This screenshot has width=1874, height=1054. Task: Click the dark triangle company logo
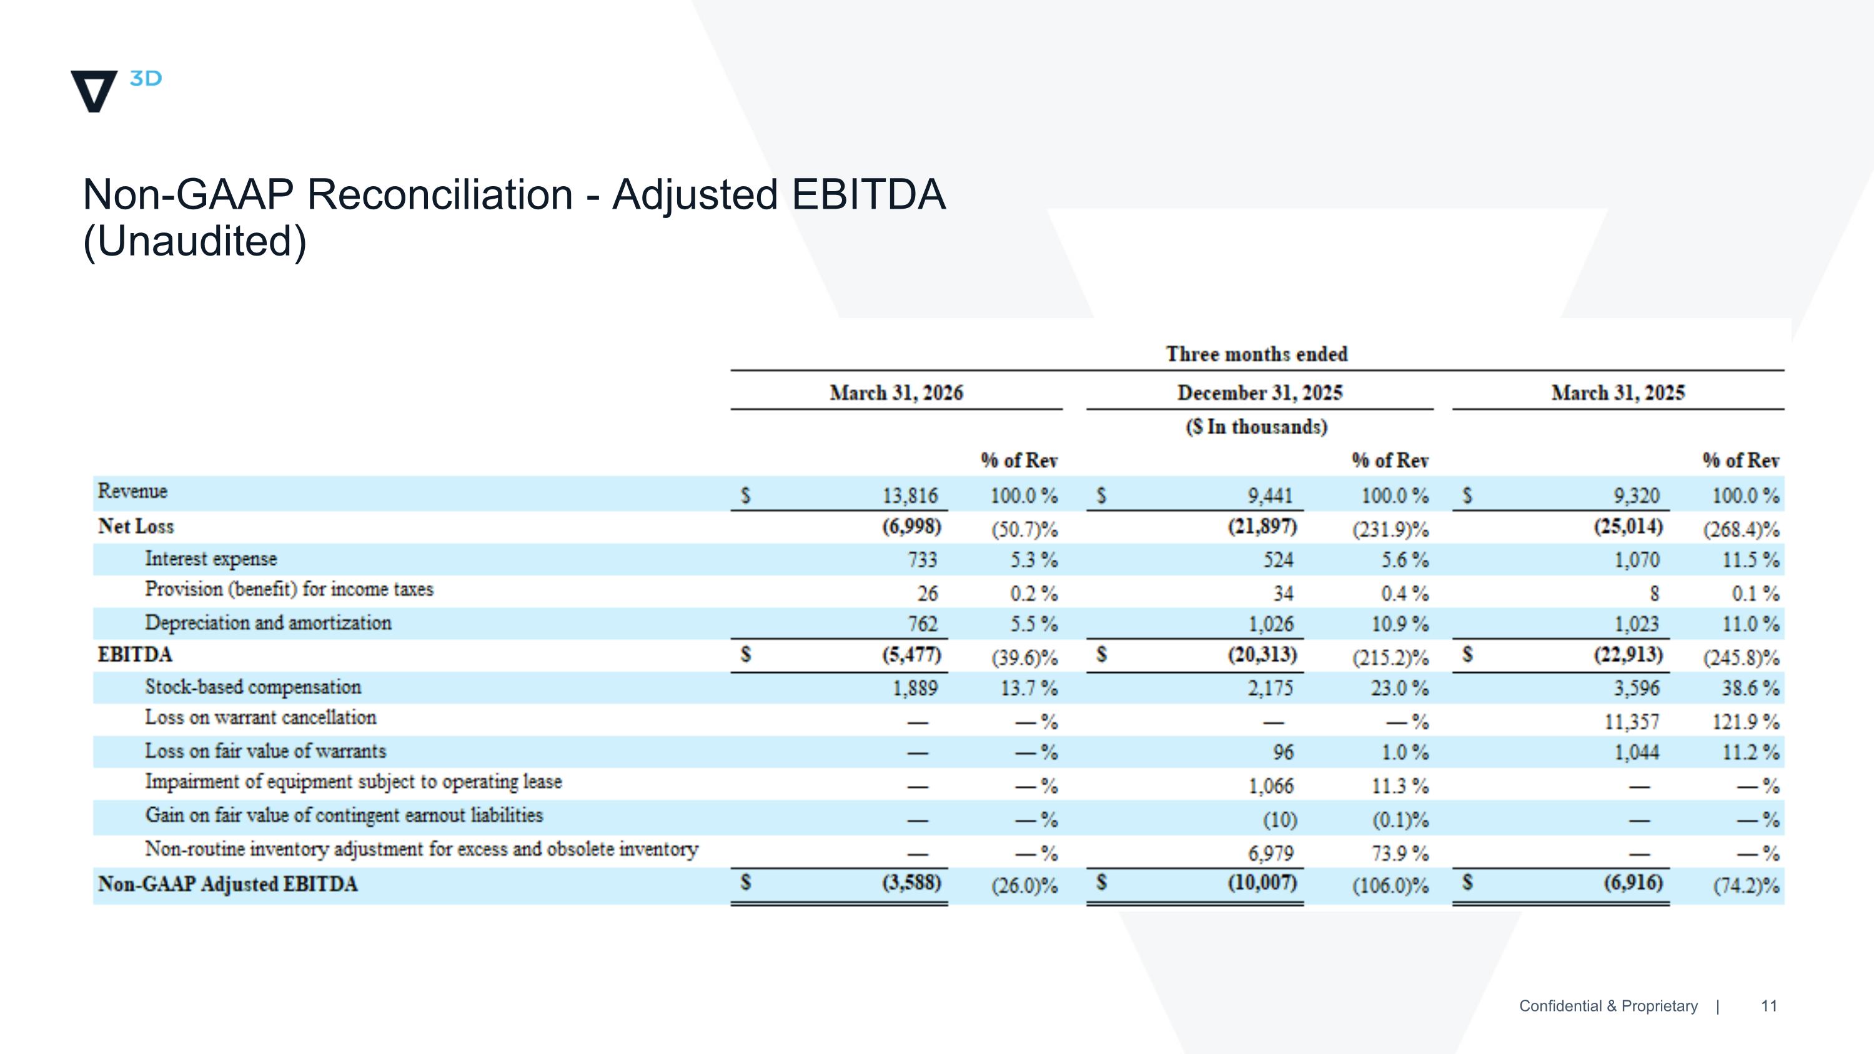pyautogui.click(x=94, y=90)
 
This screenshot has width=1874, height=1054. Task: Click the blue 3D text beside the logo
pyautogui.click(x=146, y=79)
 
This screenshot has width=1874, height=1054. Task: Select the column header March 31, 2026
pyautogui.click(x=896, y=393)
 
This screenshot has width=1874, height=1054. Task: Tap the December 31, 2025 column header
pyautogui.click(x=1260, y=393)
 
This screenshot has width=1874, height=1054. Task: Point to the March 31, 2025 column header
pyautogui.click(x=1618, y=393)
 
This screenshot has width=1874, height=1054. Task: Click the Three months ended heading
pyautogui.click(x=1257, y=354)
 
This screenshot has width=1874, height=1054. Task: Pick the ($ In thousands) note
pyautogui.click(x=1256, y=426)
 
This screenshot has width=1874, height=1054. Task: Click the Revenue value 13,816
pyautogui.click(x=910, y=495)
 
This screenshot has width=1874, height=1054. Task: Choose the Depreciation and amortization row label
pyautogui.click(x=268, y=623)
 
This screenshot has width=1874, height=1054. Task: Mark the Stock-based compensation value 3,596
pyautogui.click(x=1637, y=687)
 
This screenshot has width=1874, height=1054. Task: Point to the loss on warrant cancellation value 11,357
pyautogui.click(x=1632, y=722)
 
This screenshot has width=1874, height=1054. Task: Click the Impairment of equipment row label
pyautogui.click(x=354, y=782)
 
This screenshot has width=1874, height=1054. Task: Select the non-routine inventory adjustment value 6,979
pyautogui.click(x=1271, y=853)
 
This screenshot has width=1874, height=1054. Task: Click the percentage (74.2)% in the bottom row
pyautogui.click(x=1747, y=885)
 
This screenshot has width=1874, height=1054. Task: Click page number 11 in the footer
pyautogui.click(x=1768, y=1006)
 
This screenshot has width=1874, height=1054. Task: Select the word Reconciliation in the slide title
pyautogui.click(x=440, y=194)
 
